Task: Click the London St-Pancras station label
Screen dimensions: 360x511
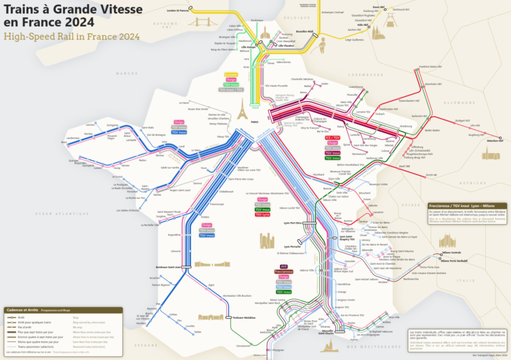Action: (x=178, y=11)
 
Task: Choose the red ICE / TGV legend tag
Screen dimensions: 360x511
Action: (x=332, y=137)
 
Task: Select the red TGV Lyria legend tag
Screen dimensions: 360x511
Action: (x=262, y=215)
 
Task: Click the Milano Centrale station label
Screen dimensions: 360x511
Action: (x=451, y=253)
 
